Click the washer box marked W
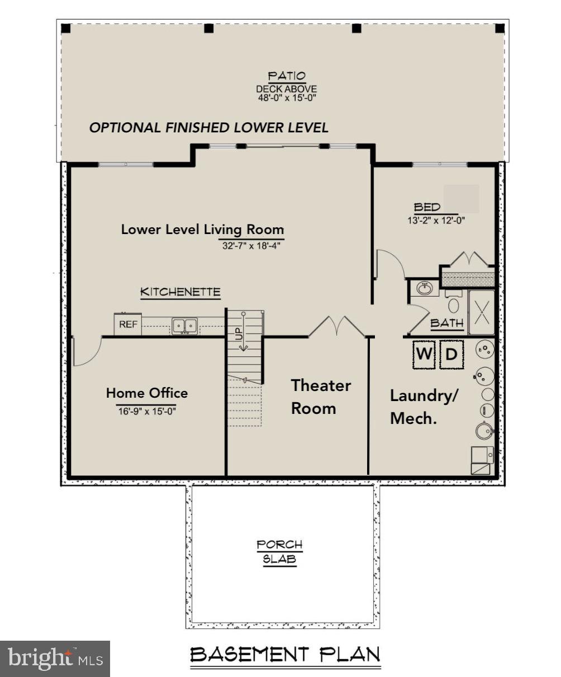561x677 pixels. point(424,354)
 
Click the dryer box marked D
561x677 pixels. point(451,354)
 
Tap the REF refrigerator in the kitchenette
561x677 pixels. point(128,325)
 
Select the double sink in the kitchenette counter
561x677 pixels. point(184,325)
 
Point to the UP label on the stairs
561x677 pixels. point(239,333)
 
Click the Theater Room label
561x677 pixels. point(321,397)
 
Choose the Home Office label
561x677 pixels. point(147,393)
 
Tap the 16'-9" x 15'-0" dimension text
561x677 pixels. point(147,411)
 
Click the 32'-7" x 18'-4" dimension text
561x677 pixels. point(250,245)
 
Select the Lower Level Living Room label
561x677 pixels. point(202,230)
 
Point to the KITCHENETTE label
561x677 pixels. point(180,292)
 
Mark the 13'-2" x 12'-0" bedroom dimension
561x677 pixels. point(436,220)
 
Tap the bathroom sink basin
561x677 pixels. point(425,289)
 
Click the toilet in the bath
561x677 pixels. point(454,305)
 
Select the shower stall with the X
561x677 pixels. point(481,309)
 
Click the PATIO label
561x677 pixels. point(286,76)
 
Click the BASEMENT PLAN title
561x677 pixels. point(285,654)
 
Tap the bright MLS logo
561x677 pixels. point(55,659)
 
